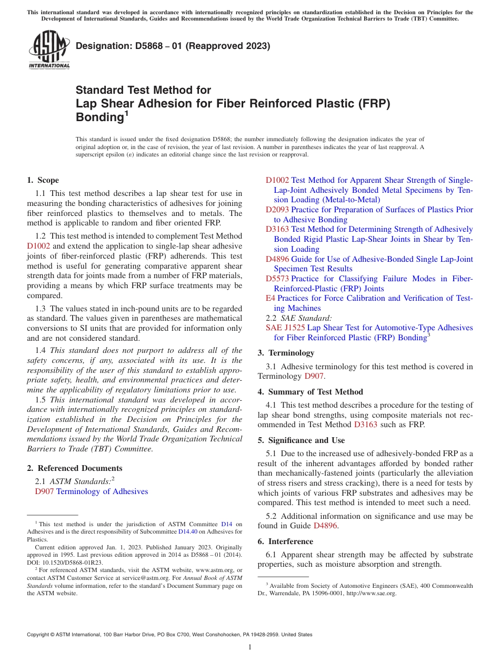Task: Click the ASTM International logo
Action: pyautogui.click(x=49, y=50)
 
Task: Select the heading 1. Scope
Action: pyautogui.click(x=43, y=180)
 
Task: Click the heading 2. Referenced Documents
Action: pyautogui.click(x=74, y=468)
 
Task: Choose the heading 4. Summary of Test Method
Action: pyautogui.click(x=310, y=392)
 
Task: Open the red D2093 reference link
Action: pyautogui.click(x=277, y=210)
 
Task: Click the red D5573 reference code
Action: pyautogui.click(x=277, y=279)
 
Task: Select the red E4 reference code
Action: pyautogui.click(x=270, y=298)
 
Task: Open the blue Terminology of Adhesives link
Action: pyautogui.click(x=102, y=491)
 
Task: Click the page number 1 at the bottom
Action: pyautogui.click(x=250, y=647)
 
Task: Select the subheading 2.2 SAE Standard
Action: pyautogui.click(x=299, y=318)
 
